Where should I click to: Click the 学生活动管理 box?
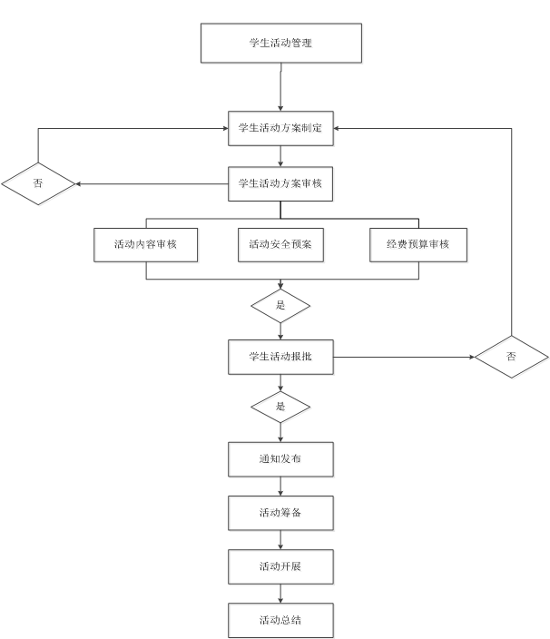[x=281, y=44]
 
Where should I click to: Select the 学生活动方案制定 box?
[x=281, y=129]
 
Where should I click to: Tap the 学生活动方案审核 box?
[x=281, y=184]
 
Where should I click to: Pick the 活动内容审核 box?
[x=146, y=246]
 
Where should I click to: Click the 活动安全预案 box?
[x=281, y=246]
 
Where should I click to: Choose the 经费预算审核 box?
[x=419, y=246]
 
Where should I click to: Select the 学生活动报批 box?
[x=281, y=358]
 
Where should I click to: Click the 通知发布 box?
[x=281, y=460]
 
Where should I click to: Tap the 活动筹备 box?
[x=281, y=515]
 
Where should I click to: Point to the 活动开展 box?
[x=281, y=568]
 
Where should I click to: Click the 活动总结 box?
[x=281, y=622]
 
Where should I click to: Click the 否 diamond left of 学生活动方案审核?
[x=39, y=184]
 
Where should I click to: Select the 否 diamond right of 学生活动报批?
[x=513, y=358]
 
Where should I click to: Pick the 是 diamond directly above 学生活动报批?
[x=281, y=307]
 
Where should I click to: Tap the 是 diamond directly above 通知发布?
[x=281, y=408]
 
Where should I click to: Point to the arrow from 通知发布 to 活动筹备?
[x=281, y=487]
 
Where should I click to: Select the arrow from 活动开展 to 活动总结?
[x=281, y=595]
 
